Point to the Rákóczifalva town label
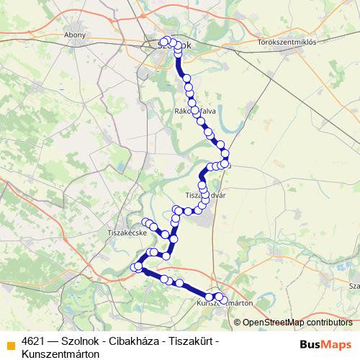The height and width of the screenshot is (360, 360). click(x=195, y=111)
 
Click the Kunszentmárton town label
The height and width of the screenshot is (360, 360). click(x=224, y=304)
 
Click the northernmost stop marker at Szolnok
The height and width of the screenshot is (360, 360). click(x=166, y=40)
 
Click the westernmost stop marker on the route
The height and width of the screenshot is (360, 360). click(x=134, y=269)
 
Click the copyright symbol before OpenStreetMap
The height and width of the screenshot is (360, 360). click(x=238, y=322)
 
